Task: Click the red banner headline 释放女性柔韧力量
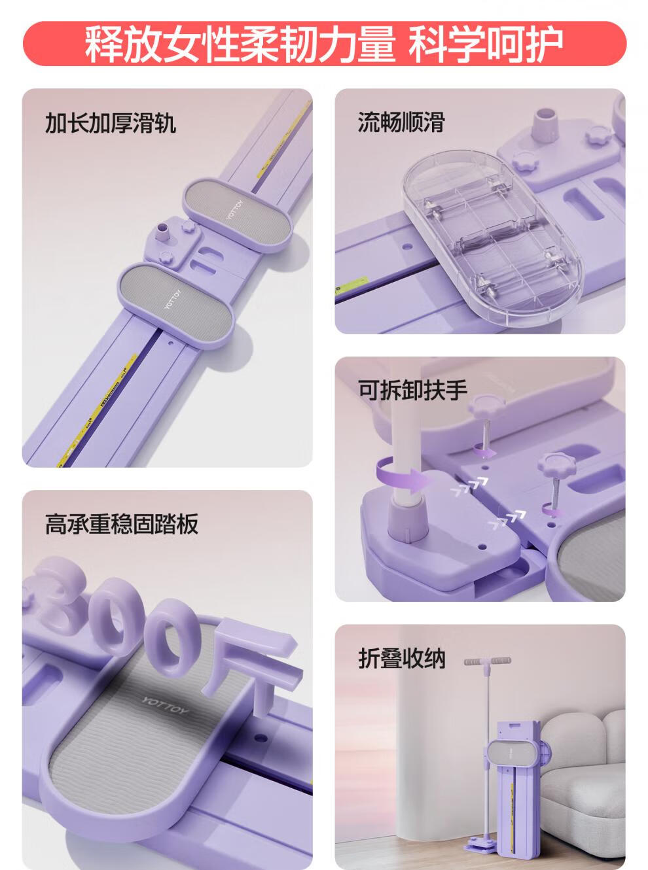coord(240,44)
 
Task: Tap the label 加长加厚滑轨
coord(110,123)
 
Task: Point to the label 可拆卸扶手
coord(412,391)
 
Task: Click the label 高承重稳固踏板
coord(122,524)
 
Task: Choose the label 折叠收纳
coord(402,658)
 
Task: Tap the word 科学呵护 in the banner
coord(486,44)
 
